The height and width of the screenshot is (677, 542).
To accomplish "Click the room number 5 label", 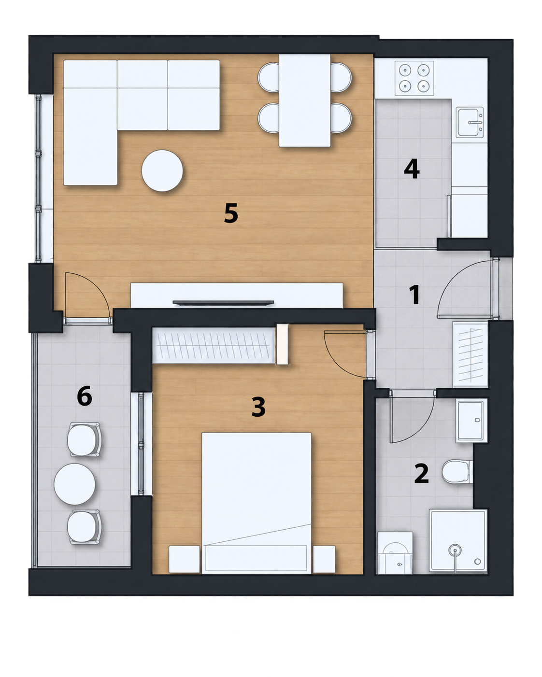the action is tap(231, 213).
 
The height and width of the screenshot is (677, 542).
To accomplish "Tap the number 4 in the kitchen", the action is tap(412, 169).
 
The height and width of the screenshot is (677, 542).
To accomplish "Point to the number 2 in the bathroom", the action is tap(421, 474).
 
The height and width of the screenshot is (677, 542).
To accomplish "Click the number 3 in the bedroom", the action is tap(258, 407).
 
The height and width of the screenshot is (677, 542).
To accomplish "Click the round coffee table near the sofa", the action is tap(162, 170).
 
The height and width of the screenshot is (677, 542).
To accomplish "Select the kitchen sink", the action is tap(470, 122).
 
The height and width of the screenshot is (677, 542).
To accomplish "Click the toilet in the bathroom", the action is tap(457, 472).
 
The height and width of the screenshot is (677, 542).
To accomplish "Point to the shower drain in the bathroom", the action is tap(455, 550).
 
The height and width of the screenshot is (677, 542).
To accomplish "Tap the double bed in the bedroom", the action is tap(257, 503).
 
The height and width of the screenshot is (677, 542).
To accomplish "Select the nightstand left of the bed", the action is tap(185, 559).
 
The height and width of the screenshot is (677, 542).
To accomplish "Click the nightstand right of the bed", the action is tap(324, 559).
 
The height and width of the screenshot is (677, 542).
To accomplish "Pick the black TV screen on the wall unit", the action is tap(223, 303).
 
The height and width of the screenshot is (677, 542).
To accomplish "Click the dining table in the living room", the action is tap(305, 100).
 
